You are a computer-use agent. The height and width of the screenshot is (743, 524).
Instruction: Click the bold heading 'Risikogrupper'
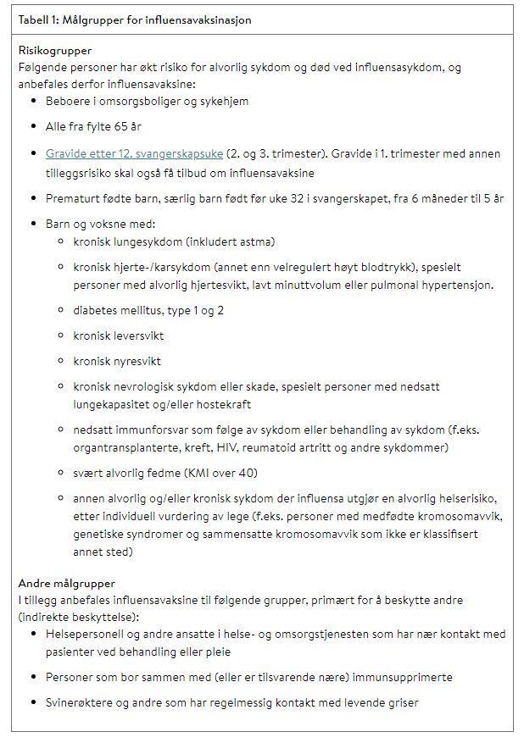pyautogui.click(x=55, y=51)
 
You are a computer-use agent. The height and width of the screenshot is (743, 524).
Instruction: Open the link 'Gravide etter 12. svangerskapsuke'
pyautogui.click(x=135, y=154)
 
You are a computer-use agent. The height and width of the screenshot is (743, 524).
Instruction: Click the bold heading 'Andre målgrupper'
pyautogui.click(x=67, y=584)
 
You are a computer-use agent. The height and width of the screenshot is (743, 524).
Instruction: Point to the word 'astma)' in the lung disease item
pyautogui.click(x=257, y=242)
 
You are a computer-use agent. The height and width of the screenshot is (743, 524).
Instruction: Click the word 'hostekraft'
pyautogui.click(x=222, y=405)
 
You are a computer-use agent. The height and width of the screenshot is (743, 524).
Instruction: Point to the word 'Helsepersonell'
pyautogui.click(x=86, y=635)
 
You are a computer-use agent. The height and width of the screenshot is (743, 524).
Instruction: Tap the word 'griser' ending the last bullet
pyautogui.click(x=401, y=702)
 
